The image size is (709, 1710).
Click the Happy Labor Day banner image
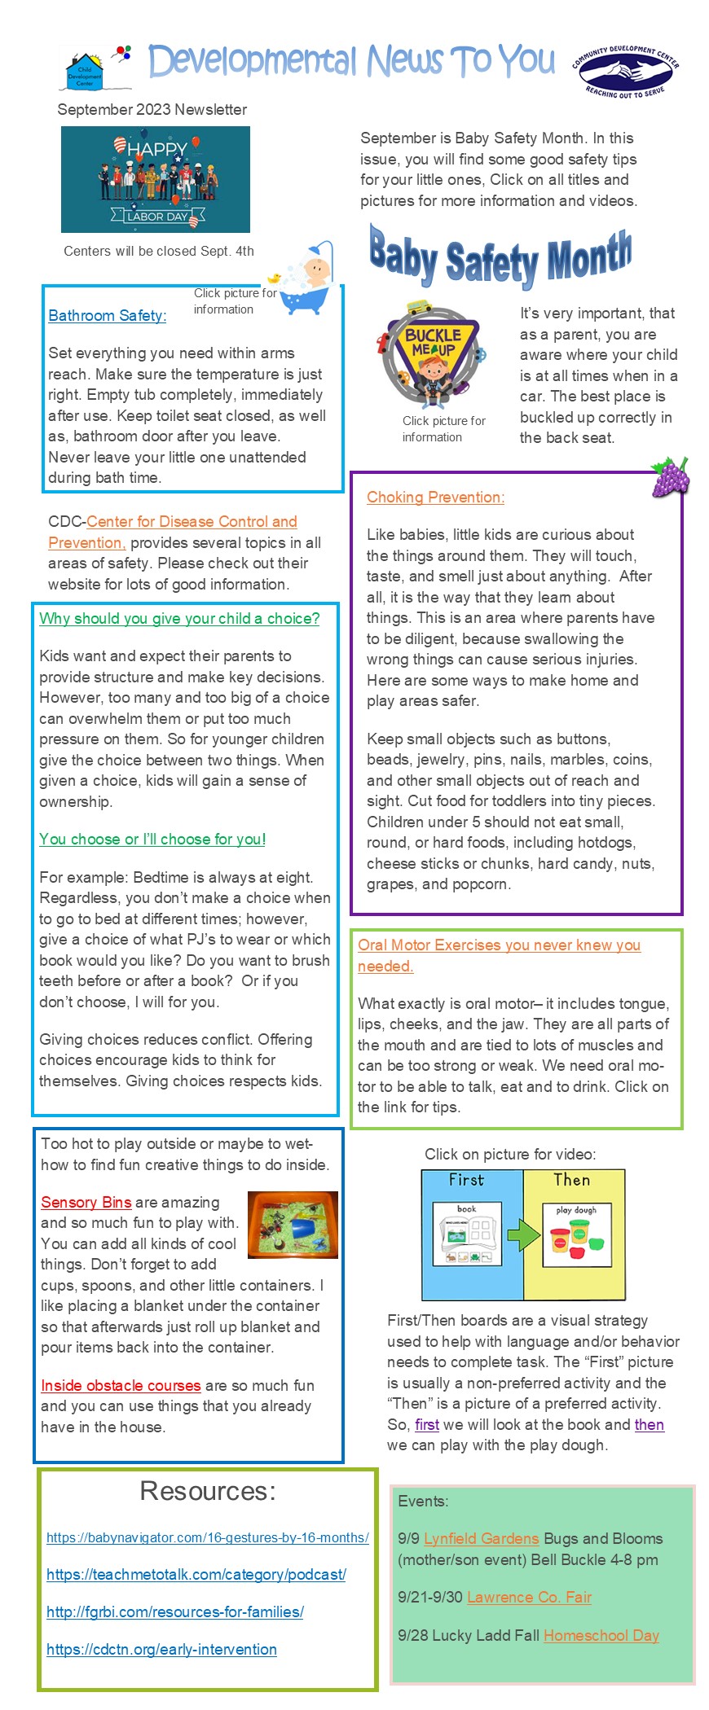tap(156, 179)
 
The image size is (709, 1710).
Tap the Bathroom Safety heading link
tap(108, 316)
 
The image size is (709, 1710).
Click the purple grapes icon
tap(670, 477)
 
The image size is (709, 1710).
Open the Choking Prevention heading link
tap(435, 498)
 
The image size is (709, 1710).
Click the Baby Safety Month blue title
tap(500, 256)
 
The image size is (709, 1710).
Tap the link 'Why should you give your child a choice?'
tap(179, 619)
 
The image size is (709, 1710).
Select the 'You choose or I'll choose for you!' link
tap(152, 840)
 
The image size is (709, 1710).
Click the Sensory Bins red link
tap(86, 1203)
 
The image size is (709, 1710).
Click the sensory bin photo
tap(292, 1225)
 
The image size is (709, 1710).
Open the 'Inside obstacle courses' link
tap(121, 1386)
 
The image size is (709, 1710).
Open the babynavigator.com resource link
tap(207, 1537)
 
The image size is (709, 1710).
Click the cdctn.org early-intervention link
tap(161, 1649)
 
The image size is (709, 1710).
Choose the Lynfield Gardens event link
tap(481, 1539)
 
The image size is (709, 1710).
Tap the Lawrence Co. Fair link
tap(529, 1598)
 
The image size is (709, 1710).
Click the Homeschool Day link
tap(601, 1636)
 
